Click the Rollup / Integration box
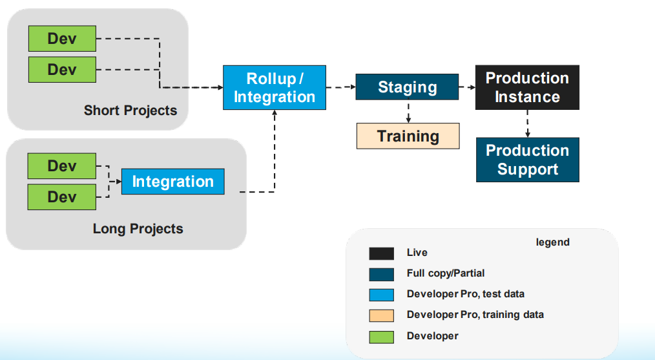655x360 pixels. click(275, 87)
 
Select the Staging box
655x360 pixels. click(407, 87)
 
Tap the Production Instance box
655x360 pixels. click(527, 87)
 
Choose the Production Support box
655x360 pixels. click(527, 160)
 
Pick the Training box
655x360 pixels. click(408, 136)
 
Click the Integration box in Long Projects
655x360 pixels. click(172, 182)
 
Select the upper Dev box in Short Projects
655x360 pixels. click(62, 39)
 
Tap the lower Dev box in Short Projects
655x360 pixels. click(62, 69)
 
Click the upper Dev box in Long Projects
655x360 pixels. click(62, 166)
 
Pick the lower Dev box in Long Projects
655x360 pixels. click(62, 196)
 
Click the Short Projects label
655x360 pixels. click(130, 110)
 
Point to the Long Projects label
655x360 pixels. click(138, 229)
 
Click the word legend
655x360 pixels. click(552, 242)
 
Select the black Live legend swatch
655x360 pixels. click(381, 253)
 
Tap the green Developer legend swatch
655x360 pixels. click(381, 336)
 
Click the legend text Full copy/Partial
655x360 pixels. click(446, 273)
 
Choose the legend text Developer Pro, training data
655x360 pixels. click(475, 315)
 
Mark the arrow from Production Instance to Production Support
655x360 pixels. click(528, 123)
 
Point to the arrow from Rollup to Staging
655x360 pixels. click(340, 87)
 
